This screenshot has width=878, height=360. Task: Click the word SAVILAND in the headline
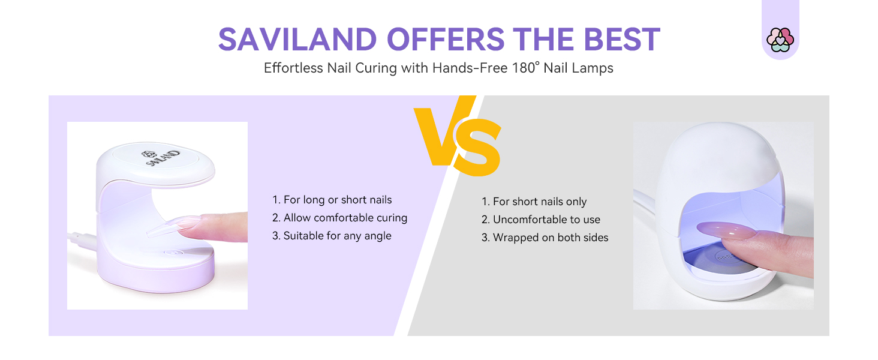(x=297, y=39)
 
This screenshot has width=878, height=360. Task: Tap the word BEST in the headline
(x=622, y=39)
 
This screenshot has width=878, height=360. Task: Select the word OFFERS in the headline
(x=445, y=39)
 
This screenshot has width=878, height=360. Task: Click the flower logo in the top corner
(x=780, y=40)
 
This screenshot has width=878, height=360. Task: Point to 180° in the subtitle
(x=525, y=67)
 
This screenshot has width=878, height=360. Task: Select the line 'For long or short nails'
(x=332, y=200)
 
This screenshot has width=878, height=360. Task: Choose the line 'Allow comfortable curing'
(x=340, y=218)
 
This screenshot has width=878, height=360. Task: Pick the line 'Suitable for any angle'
(x=332, y=236)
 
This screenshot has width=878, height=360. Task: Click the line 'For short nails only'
(x=534, y=202)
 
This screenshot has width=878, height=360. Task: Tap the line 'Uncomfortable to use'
(x=541, y=220)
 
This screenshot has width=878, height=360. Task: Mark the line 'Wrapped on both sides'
(x=545, y=238)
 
